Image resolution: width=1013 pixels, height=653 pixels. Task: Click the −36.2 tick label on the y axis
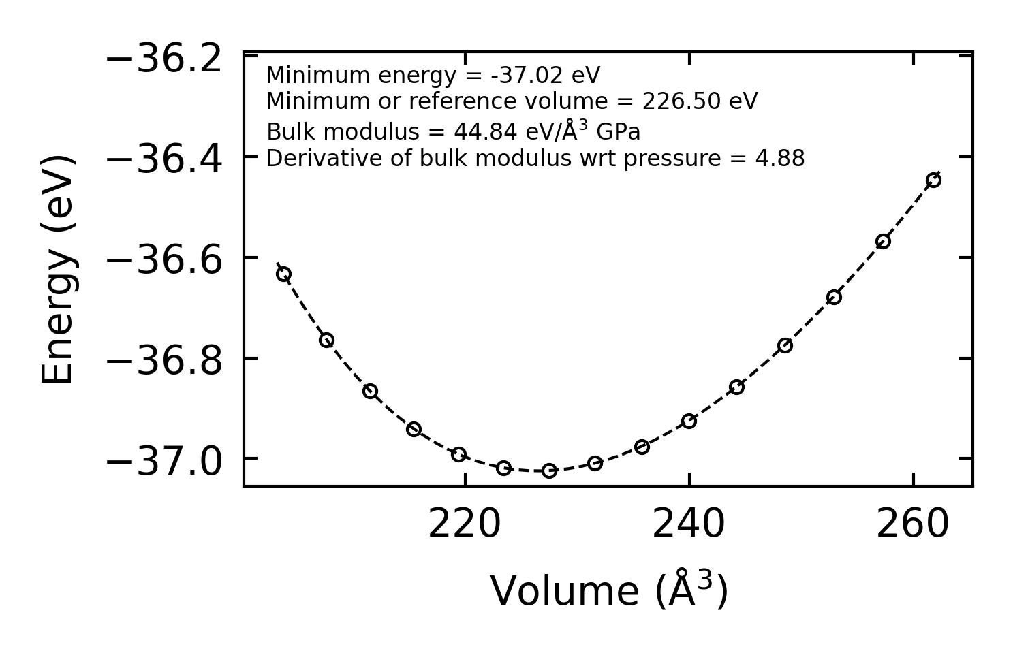[x=164, y=59]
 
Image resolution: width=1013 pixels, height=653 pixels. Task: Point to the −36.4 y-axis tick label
[x=164, y=160]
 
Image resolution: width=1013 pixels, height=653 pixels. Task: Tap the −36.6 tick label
[x=164, y=261]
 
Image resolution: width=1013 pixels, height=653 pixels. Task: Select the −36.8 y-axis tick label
[x=164, y=362]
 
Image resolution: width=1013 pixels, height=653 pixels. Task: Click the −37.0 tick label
[x=164, y=462]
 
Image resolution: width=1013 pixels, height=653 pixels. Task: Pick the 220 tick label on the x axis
[x=465, y=525]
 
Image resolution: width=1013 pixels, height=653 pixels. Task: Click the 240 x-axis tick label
[x=689, y=525]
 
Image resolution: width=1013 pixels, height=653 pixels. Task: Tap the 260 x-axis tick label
[x=913, y=525]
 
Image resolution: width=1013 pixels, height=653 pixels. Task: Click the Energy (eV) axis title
[x=58, y=270]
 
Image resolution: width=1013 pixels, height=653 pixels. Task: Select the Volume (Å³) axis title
[x=609, y=590]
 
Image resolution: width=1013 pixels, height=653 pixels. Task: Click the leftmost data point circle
[x=284, y=274]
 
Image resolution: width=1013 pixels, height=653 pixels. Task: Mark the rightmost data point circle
[x=933, y=180]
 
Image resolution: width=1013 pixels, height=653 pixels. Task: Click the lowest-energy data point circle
[x=549, y=471]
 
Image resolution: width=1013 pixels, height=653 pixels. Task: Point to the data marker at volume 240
[x=689, y=421]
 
